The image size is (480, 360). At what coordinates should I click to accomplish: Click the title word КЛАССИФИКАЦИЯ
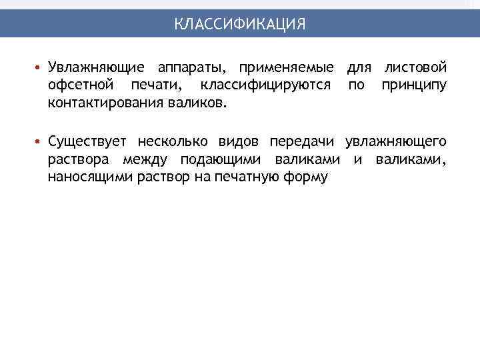click(240, 24)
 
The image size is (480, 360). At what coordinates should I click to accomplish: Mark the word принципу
click(414, 87)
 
